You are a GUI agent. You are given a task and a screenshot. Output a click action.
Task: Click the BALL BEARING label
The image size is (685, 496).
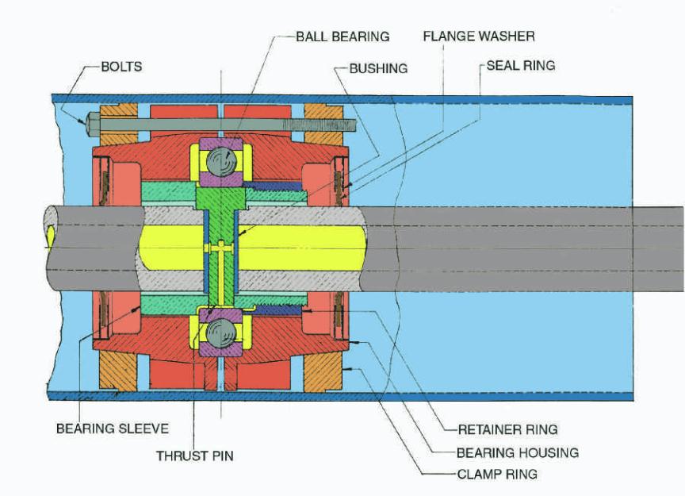click(x=342, y=37)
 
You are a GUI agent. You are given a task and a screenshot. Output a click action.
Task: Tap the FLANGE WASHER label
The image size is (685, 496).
click(x=478, y=37)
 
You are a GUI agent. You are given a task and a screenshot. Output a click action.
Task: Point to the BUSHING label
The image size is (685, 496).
click(x=378, y=68)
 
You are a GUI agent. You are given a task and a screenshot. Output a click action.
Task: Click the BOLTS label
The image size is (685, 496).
click(x=121, y=66)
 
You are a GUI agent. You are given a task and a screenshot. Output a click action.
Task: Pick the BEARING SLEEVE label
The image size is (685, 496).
click(x=112, y=429)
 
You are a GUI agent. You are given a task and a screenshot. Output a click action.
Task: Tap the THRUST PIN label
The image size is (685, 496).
click(x=194, y=456)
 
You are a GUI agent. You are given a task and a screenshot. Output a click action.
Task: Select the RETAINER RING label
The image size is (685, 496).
click(x=507, y=429)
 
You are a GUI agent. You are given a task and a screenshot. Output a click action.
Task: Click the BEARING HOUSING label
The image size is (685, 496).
click(x=517, y=452)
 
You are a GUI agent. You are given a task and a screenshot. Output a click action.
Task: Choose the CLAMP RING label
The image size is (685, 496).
click(x=497, y=474)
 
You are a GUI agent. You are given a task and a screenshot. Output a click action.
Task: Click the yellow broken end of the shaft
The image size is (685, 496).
click(x=51, y=237)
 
